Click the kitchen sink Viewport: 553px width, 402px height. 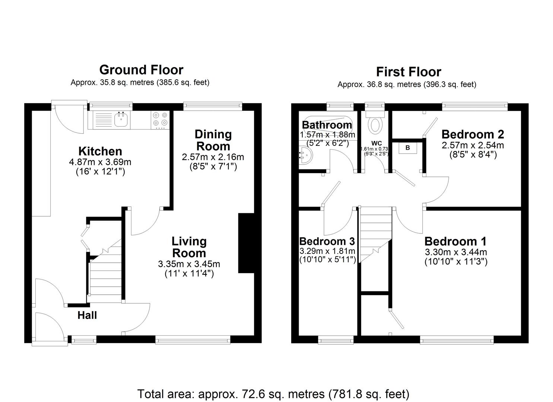click(x=121, y=120)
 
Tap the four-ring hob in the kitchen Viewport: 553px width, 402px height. click(x=160, y=120)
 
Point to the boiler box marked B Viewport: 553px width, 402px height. click(x=407, y=148)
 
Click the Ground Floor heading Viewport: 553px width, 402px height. click(x=141, y=70)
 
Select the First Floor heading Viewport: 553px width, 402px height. click(x=408, y=72)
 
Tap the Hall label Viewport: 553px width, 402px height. click(x=87, y=316)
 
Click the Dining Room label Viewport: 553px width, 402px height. click(x=213, y=140)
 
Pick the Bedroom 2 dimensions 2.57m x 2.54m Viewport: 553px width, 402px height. click(x=473, y=145)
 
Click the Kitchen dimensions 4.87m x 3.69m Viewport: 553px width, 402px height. click(x=100, y=162)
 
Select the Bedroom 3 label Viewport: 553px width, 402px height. click(x=327, y=241)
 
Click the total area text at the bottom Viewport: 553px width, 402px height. click(x=273, y=394)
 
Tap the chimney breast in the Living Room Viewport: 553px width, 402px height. click(x=246, y=243)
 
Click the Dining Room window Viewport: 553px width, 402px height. click(x=213, y=106)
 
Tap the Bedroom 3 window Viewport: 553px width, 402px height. click(x=336, y=339)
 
